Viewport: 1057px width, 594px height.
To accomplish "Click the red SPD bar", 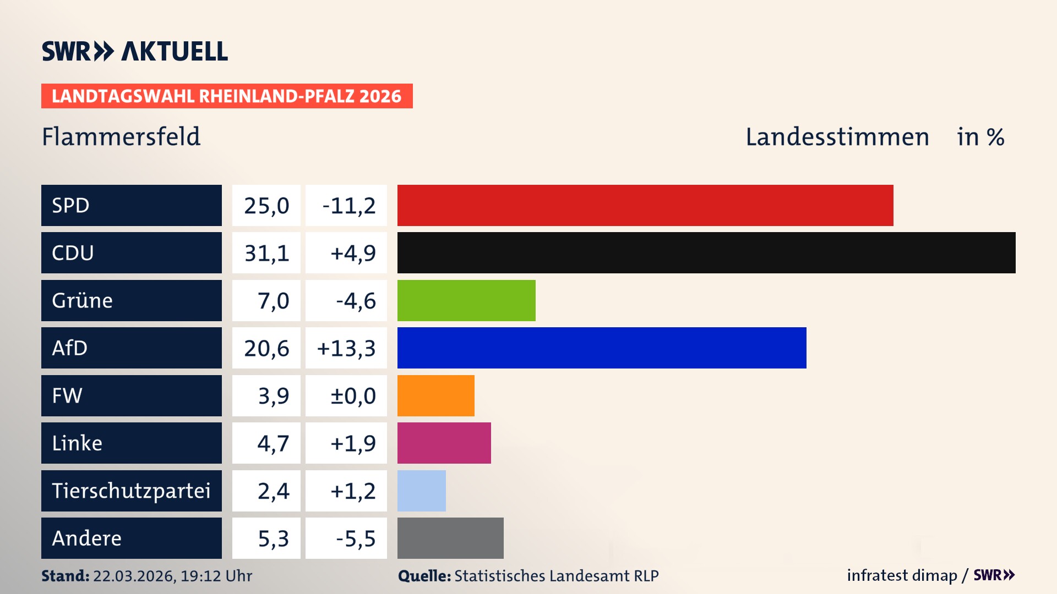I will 645,205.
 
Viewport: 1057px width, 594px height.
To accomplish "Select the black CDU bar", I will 706,252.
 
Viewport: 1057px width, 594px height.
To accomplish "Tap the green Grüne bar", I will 466,300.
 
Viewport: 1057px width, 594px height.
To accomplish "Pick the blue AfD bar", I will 602,348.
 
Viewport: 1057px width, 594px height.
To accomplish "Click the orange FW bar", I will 435,395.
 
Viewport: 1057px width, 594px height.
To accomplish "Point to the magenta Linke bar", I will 444,443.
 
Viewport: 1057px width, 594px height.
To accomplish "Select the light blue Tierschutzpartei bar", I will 421,491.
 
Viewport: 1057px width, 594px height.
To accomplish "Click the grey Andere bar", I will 450,538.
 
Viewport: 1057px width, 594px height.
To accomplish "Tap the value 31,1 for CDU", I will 266,253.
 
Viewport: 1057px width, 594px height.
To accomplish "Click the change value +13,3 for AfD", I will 346,348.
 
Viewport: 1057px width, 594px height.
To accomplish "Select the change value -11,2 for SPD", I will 348,206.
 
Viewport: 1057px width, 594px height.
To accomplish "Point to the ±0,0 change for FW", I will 352,396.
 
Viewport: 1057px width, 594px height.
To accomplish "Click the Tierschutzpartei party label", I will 131,491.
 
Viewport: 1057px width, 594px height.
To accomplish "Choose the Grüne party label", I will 82,300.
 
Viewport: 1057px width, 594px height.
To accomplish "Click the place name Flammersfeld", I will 121,136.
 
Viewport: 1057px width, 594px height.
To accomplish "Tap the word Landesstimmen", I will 837,136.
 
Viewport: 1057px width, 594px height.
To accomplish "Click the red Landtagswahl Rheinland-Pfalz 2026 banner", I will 227,96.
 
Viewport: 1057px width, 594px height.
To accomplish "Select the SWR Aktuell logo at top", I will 135,51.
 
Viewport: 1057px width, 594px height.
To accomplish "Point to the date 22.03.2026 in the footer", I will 134,576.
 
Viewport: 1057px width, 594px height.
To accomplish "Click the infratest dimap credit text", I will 901,575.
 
